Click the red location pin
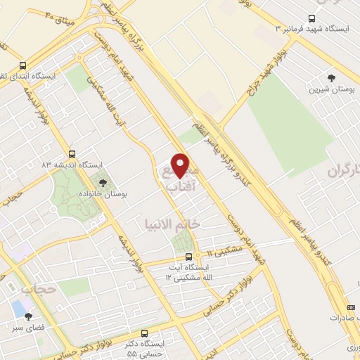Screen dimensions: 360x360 point(181,165)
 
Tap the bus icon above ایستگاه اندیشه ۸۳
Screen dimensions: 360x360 point(71,153)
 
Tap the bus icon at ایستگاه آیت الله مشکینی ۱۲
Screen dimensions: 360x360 point(188,257)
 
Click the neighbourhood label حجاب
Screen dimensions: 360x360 point(38,289)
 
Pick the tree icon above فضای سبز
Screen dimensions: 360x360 point(28,316)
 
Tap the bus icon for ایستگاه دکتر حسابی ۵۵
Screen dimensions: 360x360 point(144,333)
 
